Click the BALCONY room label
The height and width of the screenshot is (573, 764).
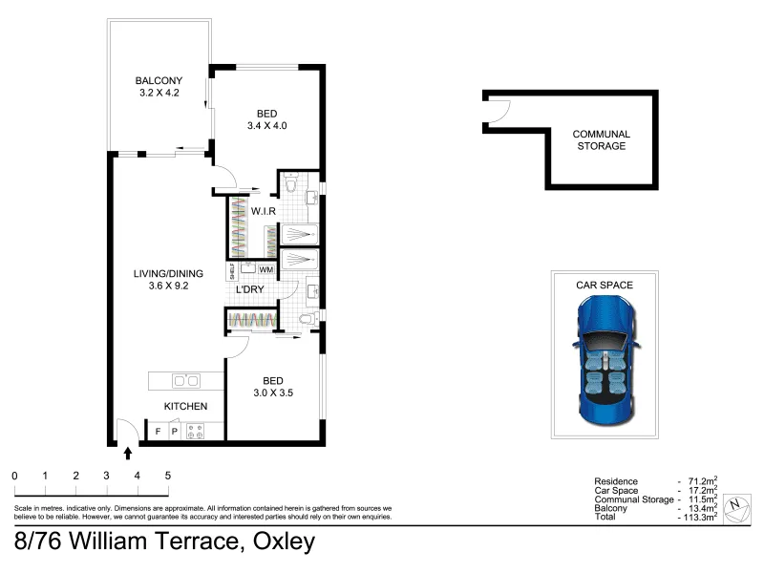[x=159, y=80]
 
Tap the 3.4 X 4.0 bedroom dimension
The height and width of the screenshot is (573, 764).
[x=267, y=126]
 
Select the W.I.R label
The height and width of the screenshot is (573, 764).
[x=264, y=211]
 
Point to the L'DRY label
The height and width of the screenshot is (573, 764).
[x=249, y=289]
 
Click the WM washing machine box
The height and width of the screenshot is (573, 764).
[x=266, y=269]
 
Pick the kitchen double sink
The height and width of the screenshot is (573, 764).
[x=185, y=380]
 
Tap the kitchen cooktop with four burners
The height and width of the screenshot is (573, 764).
[x=196, y=432]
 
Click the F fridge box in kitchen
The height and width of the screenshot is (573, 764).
[x=158, y=432]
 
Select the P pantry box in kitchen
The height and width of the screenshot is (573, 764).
[x=175, y=432]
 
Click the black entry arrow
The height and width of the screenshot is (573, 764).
[x=128, y=454]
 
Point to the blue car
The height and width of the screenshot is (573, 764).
[x=605, y=361]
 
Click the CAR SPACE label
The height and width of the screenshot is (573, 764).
[x=605, y=285]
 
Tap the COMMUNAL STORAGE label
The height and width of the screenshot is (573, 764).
[x=602, y=139]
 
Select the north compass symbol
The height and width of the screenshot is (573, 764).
[x=736, y=508]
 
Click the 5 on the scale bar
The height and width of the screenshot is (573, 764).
[x=168, y=476]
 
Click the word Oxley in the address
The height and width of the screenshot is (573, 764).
[x=284, y=541]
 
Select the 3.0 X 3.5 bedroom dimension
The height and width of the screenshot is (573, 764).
[x=273, y=393]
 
